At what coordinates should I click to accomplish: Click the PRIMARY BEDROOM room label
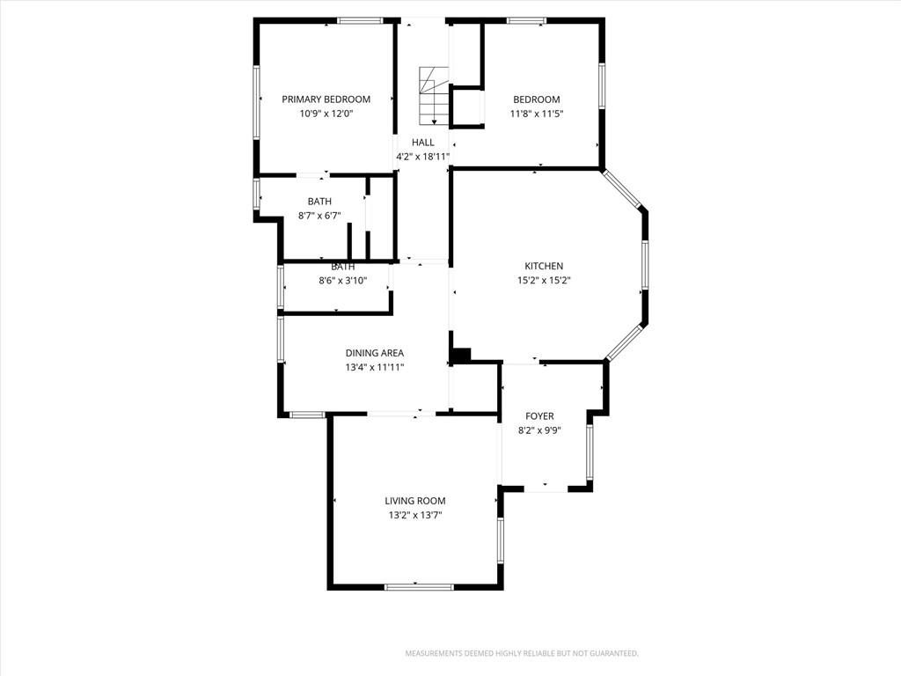326,99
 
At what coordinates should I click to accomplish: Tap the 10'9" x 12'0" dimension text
326,114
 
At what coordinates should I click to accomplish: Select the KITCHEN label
544,266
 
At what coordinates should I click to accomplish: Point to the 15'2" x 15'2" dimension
544,281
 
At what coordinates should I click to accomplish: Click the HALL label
423,143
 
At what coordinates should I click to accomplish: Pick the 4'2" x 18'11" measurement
423,157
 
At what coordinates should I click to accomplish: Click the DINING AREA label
375,353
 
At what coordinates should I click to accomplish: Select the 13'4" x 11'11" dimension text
375,367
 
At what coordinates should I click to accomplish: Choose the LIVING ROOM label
415,501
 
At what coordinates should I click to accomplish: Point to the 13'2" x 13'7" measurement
415,516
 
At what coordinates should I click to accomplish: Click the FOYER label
539,416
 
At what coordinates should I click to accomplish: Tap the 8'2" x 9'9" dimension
539,430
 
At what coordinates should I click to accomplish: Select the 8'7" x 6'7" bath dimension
319,216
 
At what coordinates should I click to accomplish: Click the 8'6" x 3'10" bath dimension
343,281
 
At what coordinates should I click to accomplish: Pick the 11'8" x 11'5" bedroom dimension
537,114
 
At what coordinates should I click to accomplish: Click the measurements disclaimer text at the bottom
522,654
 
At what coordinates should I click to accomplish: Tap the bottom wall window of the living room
419,587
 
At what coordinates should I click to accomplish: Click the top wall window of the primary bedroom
360,21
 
